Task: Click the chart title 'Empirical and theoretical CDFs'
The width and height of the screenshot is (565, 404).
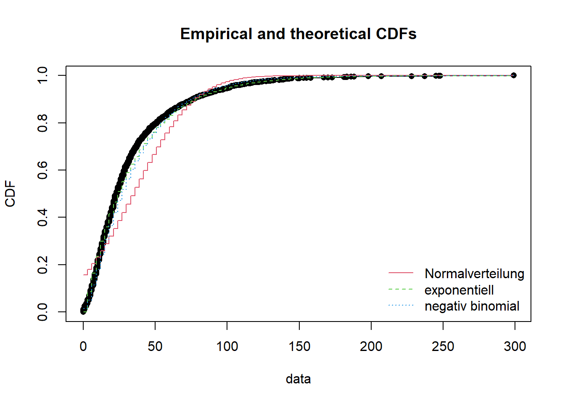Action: (298, 34)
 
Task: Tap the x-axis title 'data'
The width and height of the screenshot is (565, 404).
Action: (298, 379)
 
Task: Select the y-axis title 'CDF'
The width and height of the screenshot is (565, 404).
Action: (10, 194)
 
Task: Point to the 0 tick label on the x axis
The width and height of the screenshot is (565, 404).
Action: (83, 346)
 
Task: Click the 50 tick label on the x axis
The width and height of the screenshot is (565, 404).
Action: (155, 346)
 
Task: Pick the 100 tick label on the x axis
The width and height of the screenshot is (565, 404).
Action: (227, 346)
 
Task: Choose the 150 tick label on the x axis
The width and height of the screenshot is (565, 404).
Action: (299, 346)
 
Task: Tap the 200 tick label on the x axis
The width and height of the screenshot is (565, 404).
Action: (371, 346)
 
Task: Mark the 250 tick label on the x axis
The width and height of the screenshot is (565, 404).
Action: (443, 346)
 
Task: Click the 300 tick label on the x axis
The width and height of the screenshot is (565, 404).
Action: (515, 346)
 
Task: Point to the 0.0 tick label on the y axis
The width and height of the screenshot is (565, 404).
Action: (42, 312)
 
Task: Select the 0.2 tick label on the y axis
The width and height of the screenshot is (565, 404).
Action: (42, 265)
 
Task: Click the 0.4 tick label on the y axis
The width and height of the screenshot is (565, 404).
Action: (42, 217)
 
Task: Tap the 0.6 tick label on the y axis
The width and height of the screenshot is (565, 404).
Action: (42, 170)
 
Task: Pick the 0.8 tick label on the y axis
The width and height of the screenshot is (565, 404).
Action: (42, 123)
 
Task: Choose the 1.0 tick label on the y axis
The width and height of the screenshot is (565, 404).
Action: (42, 75)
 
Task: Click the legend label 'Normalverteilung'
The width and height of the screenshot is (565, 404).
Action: (474, 274)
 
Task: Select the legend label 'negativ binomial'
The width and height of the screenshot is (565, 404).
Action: (472, 306)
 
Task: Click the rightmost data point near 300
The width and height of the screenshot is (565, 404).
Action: (513, 75)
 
